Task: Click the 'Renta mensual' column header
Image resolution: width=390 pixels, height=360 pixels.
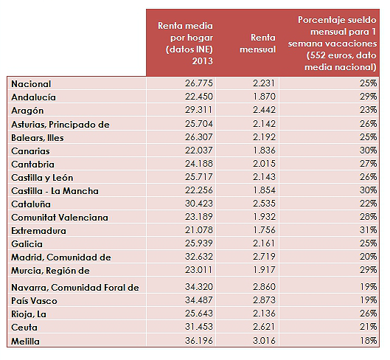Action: click(258, 43)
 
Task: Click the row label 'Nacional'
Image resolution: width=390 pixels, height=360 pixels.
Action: click(32, 84)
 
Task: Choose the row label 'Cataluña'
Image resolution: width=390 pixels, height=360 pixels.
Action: click(31, 204)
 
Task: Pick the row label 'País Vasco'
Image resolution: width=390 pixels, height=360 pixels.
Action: click(35, 300)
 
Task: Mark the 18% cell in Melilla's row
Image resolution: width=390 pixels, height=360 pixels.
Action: click(369, 341)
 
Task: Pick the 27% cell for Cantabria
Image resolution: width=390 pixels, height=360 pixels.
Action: click(369, 163)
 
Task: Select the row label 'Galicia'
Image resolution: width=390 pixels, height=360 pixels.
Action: click(27, 243)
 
